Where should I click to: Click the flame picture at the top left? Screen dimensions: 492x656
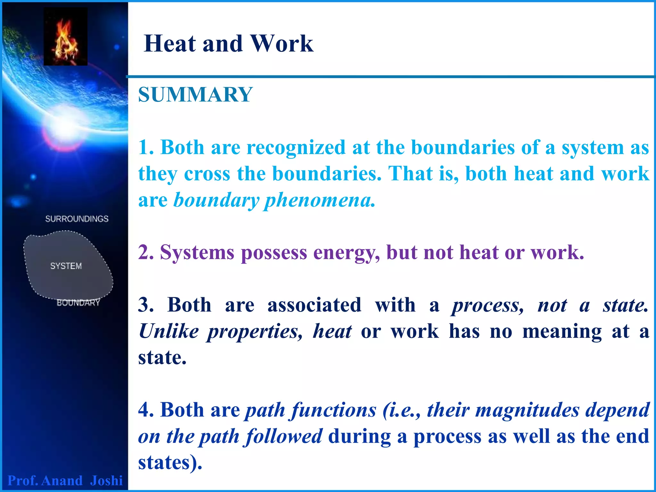pos(65,37)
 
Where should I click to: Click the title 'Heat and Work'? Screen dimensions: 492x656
pos(228,44)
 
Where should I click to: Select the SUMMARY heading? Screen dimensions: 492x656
pos(195,95)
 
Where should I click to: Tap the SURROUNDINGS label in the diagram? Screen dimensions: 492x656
pos(77,219)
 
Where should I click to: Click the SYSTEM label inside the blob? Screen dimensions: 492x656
pos(66,266)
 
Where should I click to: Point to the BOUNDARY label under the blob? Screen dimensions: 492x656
pos(78,303)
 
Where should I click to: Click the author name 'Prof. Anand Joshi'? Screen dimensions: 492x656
pos(65,480)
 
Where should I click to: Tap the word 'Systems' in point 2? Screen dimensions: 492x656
pos(197,252)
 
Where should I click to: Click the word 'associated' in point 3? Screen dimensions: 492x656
pos(314,305)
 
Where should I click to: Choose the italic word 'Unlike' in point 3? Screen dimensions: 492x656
pos(168,331)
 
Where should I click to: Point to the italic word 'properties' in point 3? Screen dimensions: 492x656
pos(255,332)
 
